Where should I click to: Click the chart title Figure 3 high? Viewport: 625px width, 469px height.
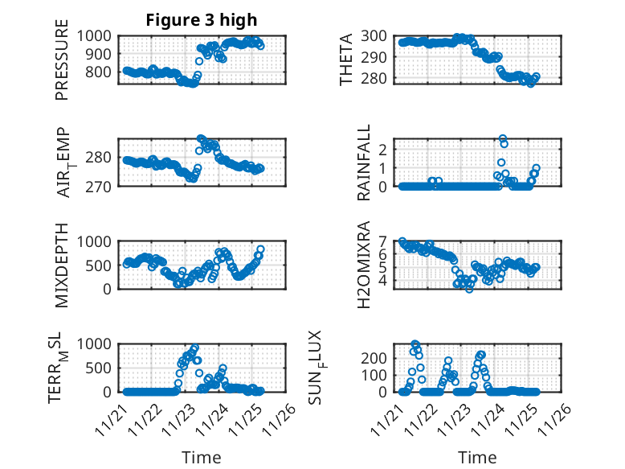coord(202,20)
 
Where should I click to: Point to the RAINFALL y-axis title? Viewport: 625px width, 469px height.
coord(364,163)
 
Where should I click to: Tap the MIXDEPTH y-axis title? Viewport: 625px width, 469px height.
coord(62,265)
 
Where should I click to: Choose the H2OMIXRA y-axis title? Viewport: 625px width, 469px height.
coord(364,265)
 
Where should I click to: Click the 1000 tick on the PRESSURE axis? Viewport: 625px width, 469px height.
coord(97,35)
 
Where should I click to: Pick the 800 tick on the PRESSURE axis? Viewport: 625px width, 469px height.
coord(101,72)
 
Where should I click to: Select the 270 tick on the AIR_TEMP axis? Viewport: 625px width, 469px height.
coord(101,186)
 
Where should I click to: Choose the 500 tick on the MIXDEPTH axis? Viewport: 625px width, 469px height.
coord(101,265)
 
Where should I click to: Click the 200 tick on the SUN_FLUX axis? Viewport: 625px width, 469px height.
coord(378,357)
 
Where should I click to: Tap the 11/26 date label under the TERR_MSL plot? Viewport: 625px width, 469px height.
coord(282,418)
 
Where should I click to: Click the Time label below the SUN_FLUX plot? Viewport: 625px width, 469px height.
coord(477,457)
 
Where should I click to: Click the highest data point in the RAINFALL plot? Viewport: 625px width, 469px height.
coord(503,139)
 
